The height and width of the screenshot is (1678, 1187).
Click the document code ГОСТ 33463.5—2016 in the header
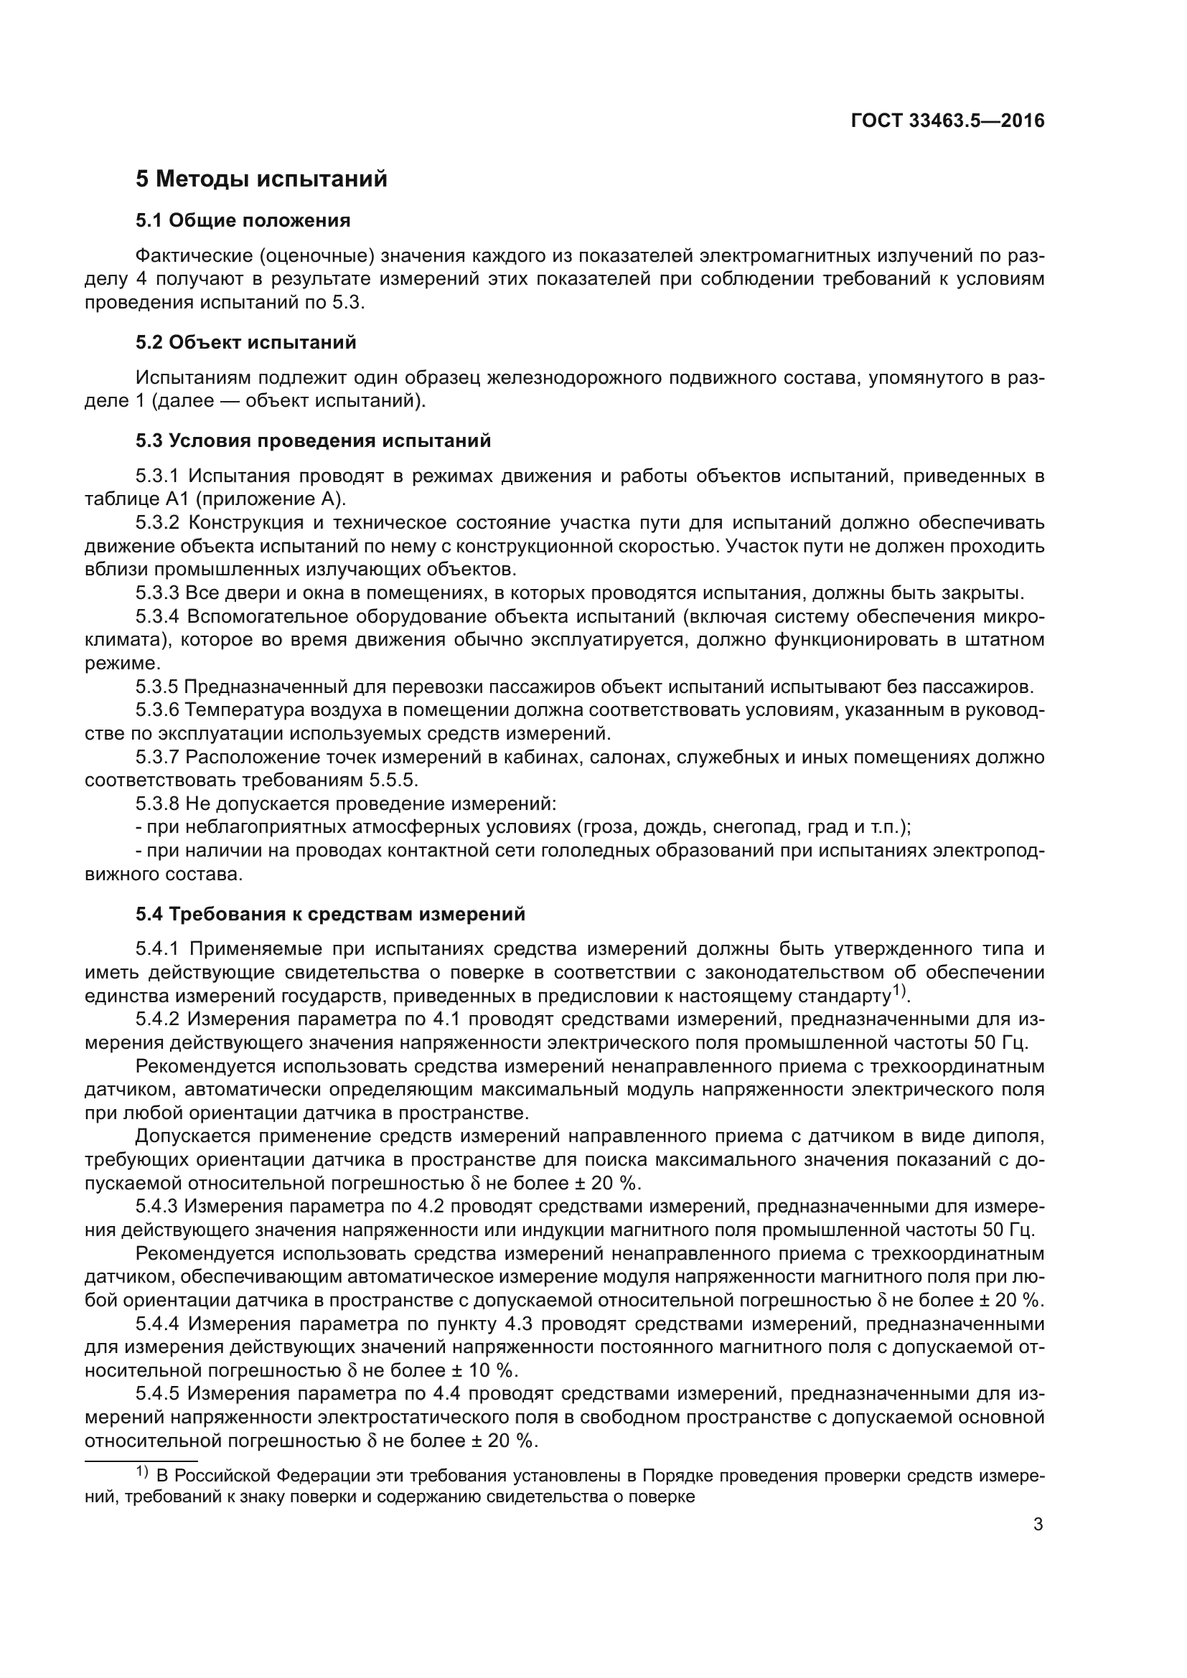(x=947, y=121)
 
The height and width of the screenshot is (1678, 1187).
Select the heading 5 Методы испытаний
(x=261, y=179)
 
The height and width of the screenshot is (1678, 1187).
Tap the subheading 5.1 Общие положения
(x=243, y=221)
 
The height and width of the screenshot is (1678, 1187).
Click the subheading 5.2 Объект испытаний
(x=245, y=342)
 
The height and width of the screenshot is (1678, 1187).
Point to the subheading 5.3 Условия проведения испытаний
(x=313, y=440)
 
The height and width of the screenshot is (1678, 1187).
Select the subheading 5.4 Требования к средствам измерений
(x=330, y=914)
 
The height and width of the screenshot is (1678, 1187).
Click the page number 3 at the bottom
(x=1038, y=1524)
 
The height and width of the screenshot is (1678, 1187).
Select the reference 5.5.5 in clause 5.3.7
(x=392, y=781)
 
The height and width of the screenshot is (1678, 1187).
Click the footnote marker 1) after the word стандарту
(x=900, y=992)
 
